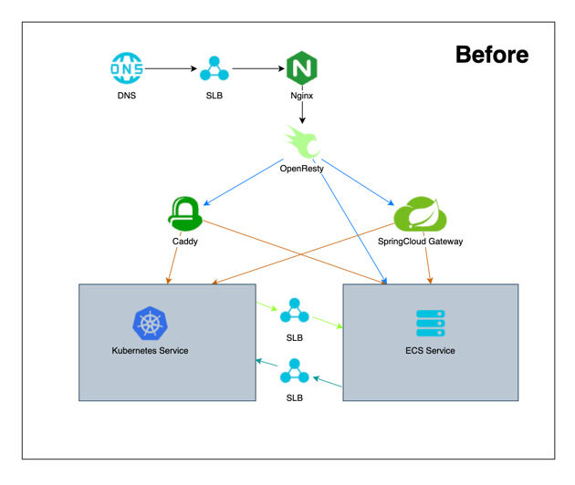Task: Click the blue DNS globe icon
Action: [126, 68]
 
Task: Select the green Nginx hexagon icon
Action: [301, 68]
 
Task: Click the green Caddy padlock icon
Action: [184, 214]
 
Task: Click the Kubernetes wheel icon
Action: [151, 324]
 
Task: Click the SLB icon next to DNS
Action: [214, 68]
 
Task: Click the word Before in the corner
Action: [491, 55]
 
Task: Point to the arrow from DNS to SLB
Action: [170, 68]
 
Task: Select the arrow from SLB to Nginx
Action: [257, 68]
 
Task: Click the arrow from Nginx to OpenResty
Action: [302, 109]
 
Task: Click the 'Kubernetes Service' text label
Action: [150, 351]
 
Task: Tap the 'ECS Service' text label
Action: [430, 351]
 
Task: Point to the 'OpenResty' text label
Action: [302, 169]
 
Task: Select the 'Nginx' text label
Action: [301, 95]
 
